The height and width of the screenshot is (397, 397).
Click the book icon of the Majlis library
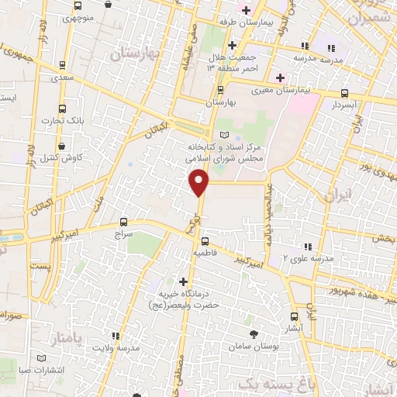(225, 135)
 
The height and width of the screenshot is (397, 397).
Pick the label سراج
(124, 233)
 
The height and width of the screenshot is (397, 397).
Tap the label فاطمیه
(212, 253)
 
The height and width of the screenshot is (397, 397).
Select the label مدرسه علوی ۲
(307, 258)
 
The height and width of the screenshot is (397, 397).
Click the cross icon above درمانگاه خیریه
(183, 281)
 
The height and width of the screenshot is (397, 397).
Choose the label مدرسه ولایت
(116, 348)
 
